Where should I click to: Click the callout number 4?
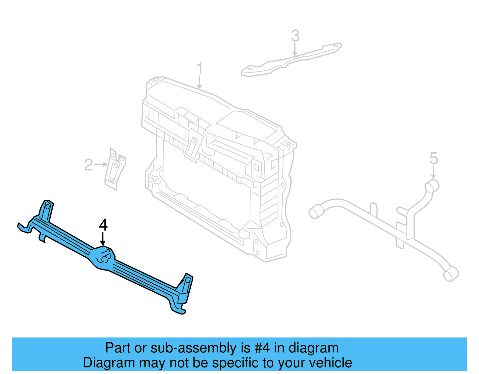click(x=103, y=225)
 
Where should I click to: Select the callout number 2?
click(x=89, y=165)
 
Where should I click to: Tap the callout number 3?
click(x=295, y=36)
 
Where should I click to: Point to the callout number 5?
click(x=434, y=158)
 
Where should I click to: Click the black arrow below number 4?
click(x=103, y=239)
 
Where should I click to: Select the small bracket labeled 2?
click(x=115, y=169)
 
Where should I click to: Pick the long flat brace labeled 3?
click(x=292, y=60)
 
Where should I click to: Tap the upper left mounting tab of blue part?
click(x=47, y=210)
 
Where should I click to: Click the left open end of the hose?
click(x=315, y=212)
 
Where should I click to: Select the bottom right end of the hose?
click(x=451, y=274)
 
